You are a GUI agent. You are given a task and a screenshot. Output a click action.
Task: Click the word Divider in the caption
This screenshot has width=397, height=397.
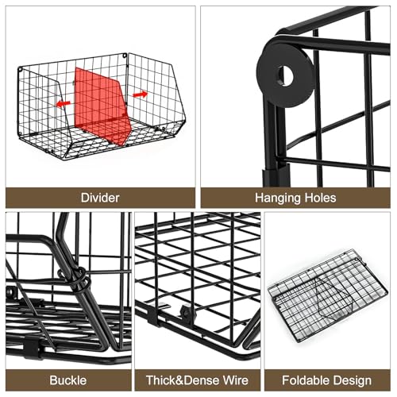pos(100,198)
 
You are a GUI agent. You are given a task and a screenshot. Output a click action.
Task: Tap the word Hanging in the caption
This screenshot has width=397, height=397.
pos(278,198)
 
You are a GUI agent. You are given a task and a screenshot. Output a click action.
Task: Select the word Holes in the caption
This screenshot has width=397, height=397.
pos(320,198)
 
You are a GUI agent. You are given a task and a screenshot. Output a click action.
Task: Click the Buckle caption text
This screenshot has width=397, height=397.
pos(68,380)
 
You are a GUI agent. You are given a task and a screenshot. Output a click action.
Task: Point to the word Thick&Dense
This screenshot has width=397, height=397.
pos(183,380)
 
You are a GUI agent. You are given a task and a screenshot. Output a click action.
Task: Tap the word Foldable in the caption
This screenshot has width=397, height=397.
pos(303,380)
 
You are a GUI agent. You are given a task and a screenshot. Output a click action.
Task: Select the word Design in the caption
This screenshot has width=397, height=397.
pos(350,381)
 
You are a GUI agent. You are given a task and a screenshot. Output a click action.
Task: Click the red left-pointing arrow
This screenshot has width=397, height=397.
pos(64,103)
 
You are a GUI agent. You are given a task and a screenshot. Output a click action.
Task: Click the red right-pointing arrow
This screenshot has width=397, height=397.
pos(140,94)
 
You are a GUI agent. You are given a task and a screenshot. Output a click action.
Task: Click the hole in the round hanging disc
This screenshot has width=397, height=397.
pos(285,75)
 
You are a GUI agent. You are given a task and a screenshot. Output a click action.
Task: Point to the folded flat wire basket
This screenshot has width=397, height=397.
pos(328,295)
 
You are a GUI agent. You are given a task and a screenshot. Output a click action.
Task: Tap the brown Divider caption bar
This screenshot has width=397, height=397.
pos(100,198)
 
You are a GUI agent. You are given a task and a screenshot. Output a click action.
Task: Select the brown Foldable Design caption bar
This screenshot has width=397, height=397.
pos(327,380)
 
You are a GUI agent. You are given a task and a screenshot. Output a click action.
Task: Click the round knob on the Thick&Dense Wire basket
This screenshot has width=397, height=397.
pos(187,312)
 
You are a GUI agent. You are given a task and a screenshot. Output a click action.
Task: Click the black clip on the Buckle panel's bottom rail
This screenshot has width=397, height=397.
pos(33,347)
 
